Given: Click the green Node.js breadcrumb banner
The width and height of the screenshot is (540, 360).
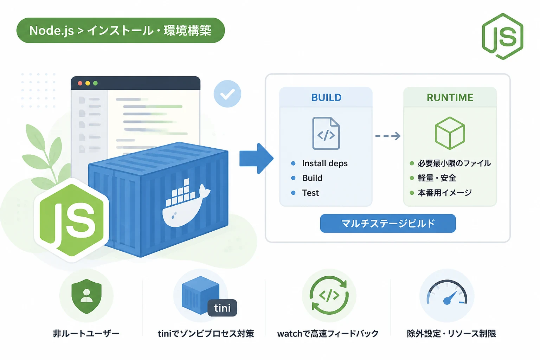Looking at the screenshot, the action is tap(121, 30).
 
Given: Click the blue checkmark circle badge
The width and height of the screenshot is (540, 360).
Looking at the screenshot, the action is tap(227, 94).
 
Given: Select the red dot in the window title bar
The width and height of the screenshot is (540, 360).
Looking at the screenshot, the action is tap(80, 83).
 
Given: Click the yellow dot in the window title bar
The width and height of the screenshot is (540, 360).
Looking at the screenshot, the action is tap(88, 83).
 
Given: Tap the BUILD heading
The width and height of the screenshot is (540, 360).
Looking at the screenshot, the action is tap(326, 97).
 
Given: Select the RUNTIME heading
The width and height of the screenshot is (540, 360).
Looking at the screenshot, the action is tap(450, 97).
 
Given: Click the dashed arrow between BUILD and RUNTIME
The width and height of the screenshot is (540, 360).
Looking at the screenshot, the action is tap(388, 136).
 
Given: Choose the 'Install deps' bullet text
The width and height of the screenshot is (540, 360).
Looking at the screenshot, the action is tap(325, 163).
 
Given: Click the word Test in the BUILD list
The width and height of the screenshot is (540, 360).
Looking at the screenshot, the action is tap(310, 193).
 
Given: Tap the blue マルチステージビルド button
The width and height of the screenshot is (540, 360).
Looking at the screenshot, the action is tap(388, 223).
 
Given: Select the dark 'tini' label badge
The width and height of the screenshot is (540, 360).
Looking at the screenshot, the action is tap(222, 308).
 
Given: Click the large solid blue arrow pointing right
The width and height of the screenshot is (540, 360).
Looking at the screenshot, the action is tap(256, 159).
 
